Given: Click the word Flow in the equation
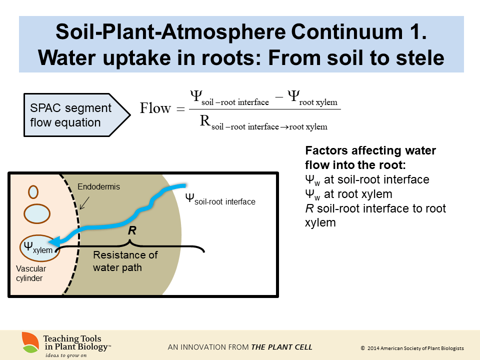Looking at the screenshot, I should (155, 108).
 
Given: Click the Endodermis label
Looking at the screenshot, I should (99, 187).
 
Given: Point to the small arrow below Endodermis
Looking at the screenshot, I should (84, 202).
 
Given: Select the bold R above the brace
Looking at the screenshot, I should (132, 231).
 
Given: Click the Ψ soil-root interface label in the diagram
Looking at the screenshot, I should (220, 199).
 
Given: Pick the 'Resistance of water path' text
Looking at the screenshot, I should (125, 261).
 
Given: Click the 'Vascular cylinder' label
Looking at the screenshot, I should (31, 273).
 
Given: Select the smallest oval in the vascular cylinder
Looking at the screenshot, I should (33, 191).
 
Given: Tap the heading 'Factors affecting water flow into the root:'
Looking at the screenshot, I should (370, 157).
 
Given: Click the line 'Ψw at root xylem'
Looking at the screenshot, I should (348, 193).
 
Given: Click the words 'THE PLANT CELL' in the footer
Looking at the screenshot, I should (281, 347).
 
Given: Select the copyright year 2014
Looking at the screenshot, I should (374, 348).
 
